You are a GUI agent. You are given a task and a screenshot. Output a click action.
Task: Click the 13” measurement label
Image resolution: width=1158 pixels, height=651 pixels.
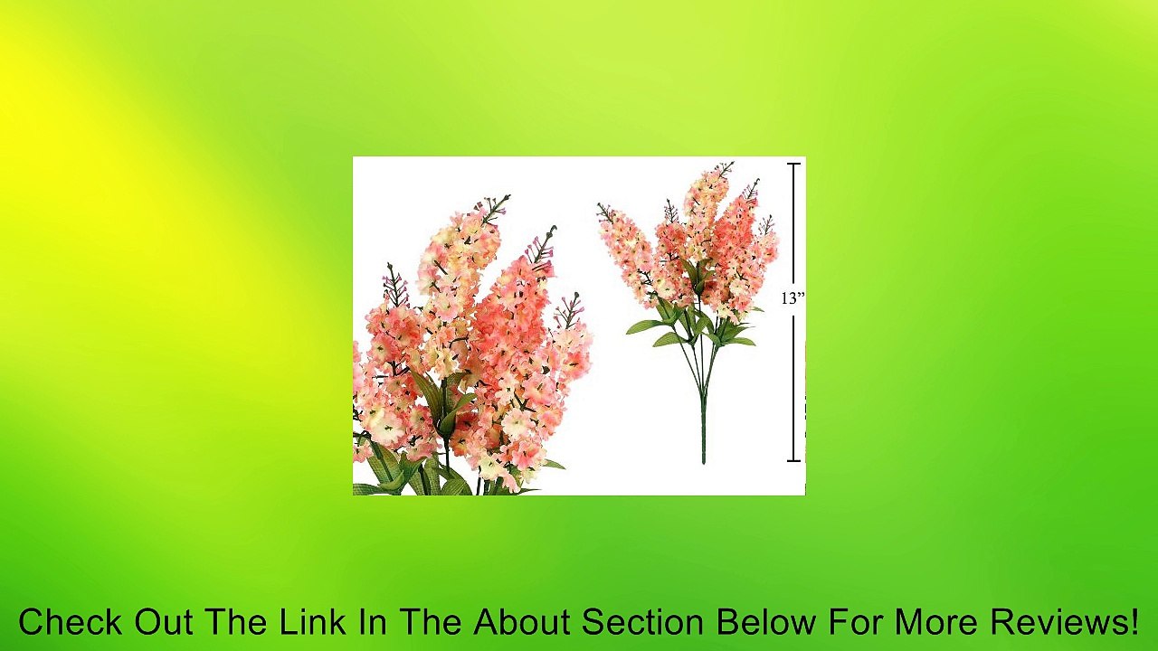pyautogui.click(x=793, y=298)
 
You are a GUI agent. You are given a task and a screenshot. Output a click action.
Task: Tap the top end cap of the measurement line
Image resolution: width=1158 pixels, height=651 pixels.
pyautogui.click(x=794, y=165)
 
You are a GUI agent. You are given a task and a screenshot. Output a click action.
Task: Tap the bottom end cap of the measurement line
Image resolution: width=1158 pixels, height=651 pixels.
pyautogui.click(x=794, y=461)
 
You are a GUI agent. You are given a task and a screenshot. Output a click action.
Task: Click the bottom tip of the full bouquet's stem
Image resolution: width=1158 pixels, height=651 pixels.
pyautogui.click(x=703, y=461)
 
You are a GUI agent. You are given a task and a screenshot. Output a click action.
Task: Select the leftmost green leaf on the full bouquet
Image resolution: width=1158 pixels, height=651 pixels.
pyautogui.click(x=644, y=326)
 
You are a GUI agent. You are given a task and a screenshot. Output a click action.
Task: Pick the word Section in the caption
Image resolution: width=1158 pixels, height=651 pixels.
pyautogui.click(x=641, y=623)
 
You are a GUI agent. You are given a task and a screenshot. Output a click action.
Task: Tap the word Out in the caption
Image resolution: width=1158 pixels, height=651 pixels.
pyautogui.click(x=166, y=623)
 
